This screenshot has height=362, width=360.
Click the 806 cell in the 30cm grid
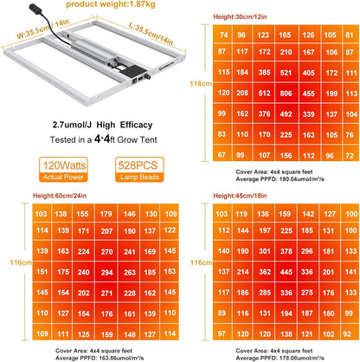[x=286, y=94]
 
